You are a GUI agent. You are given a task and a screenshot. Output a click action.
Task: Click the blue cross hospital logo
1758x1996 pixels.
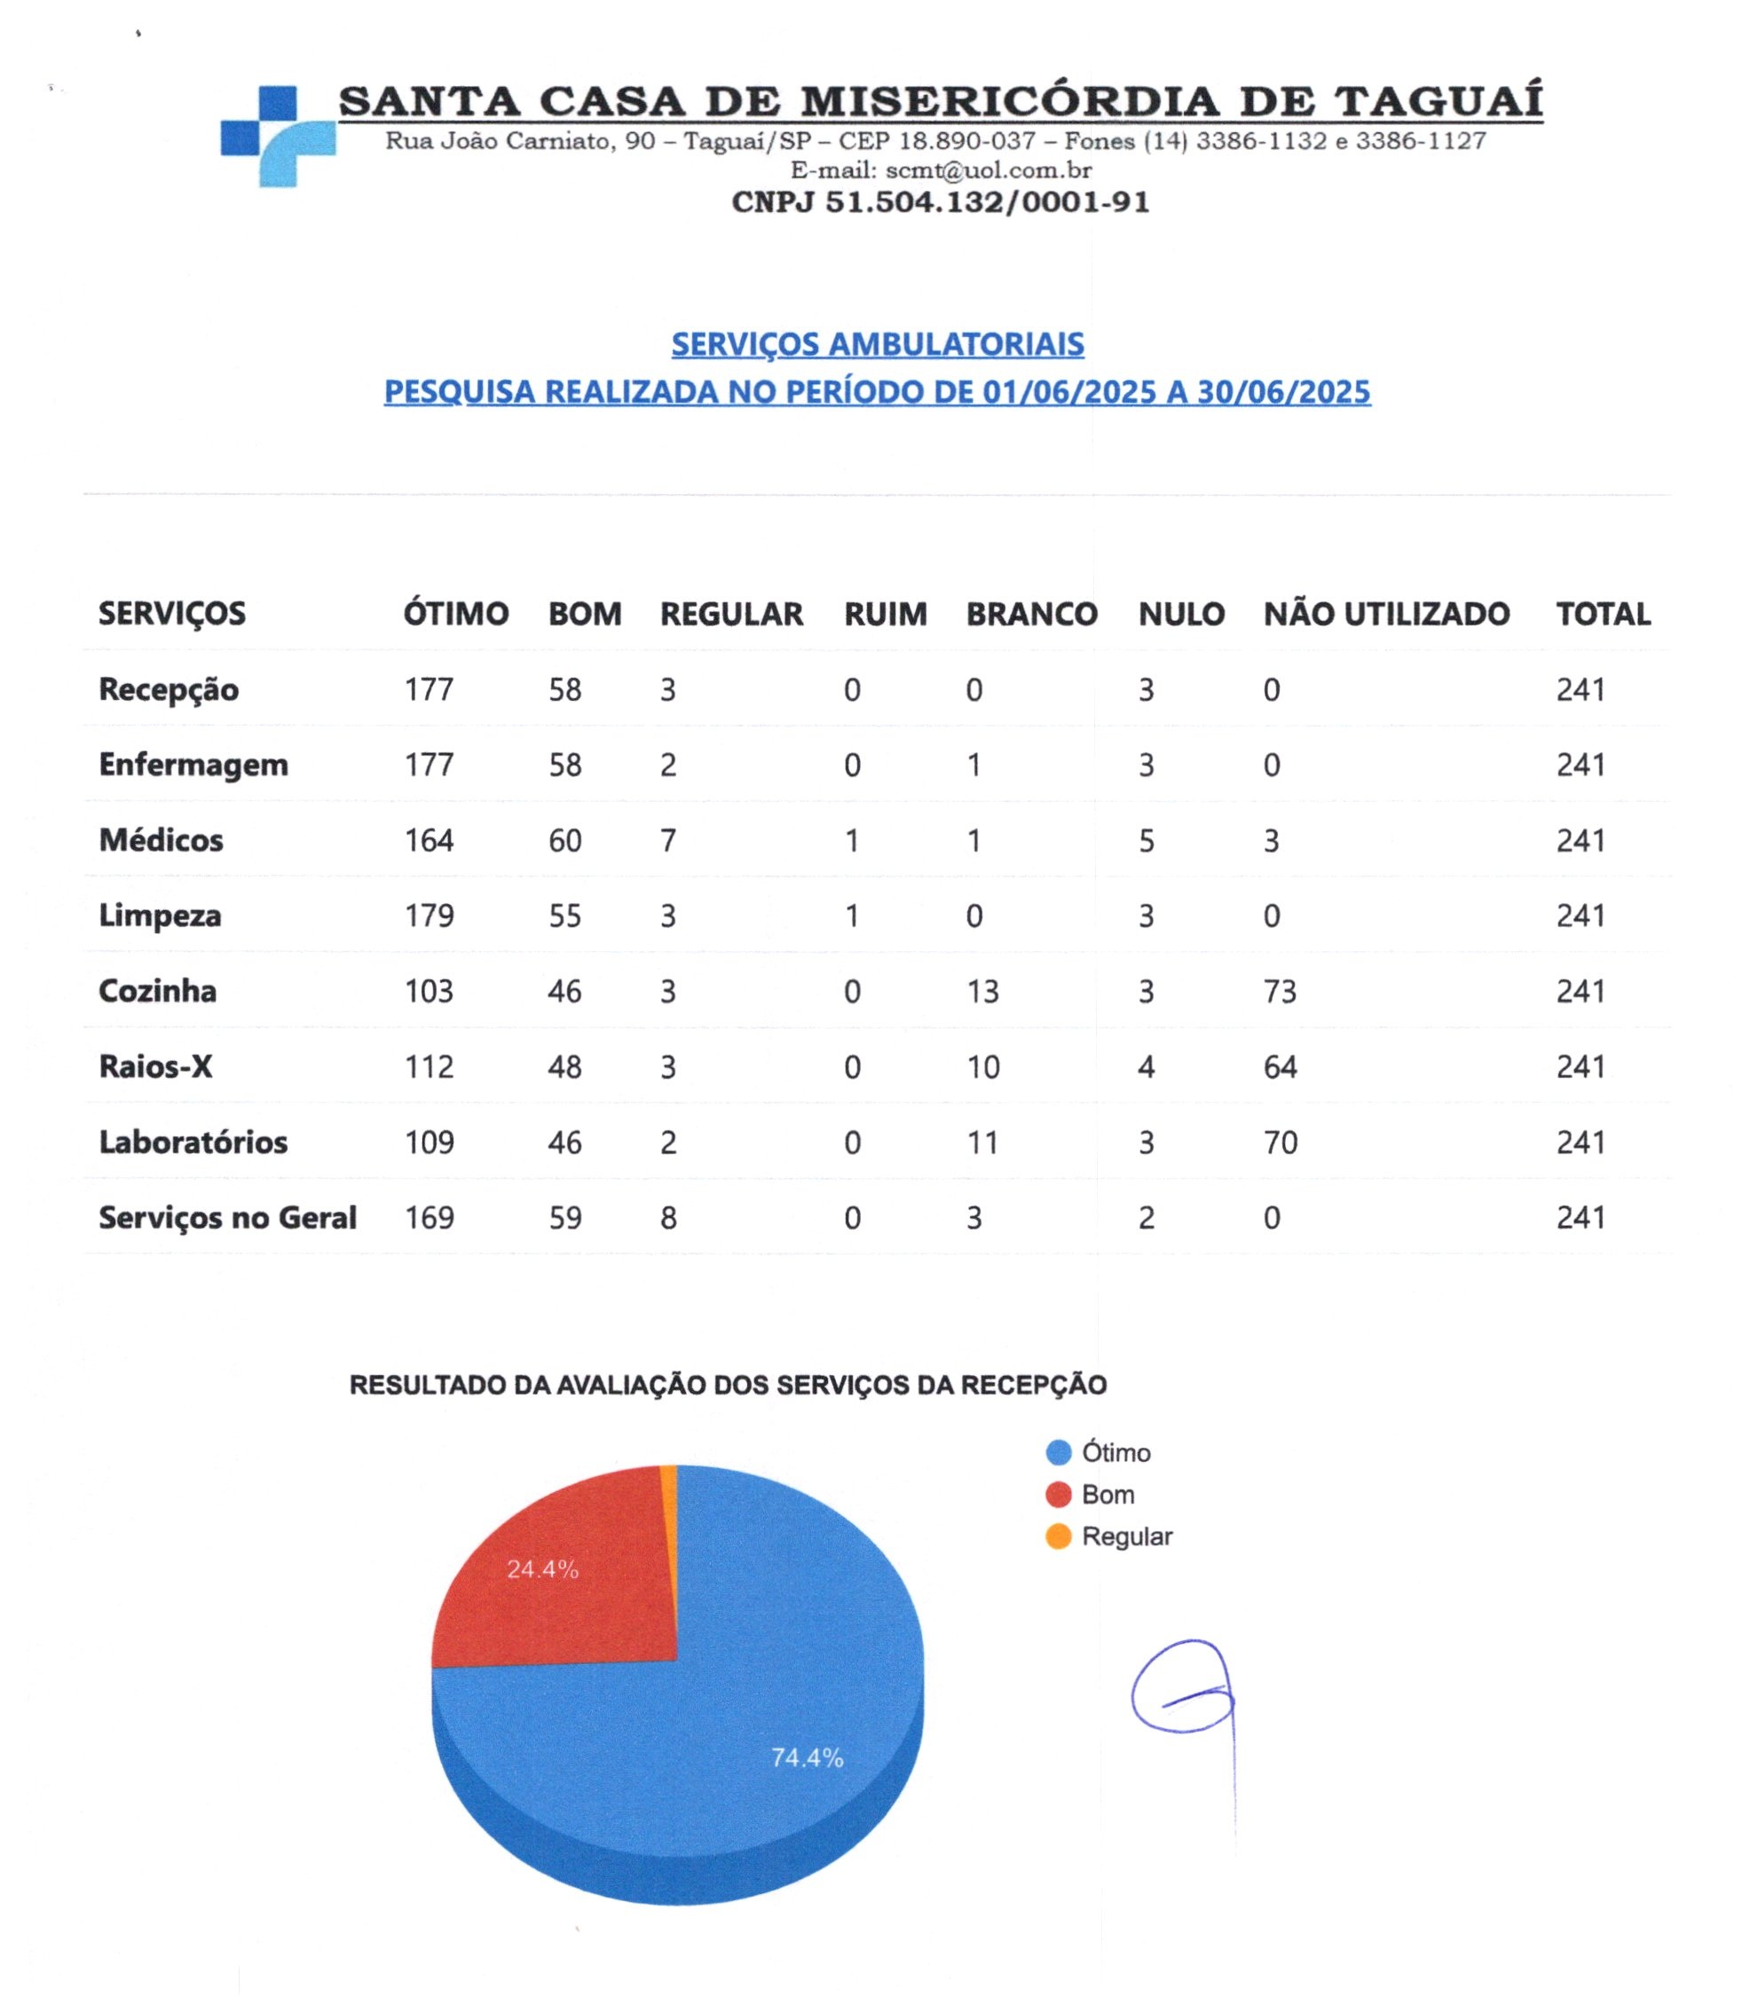278,136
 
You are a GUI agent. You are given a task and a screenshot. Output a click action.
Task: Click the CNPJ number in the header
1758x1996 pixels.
940,202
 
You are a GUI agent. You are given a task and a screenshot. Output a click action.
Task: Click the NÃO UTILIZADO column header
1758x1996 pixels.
1386,614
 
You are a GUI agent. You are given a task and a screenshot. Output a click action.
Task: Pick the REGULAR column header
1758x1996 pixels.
731,614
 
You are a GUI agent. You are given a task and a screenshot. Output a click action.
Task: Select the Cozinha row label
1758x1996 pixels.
157,991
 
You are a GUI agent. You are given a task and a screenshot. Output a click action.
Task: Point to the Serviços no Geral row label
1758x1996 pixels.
227,1218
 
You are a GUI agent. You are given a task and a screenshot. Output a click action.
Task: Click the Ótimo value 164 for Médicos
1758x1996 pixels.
429,841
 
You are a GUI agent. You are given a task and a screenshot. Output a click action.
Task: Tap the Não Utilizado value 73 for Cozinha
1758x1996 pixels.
1280,992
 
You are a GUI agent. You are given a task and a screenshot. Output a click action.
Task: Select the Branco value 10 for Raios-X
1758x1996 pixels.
982,1067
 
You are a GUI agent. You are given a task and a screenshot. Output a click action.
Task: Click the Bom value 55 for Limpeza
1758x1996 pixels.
564,916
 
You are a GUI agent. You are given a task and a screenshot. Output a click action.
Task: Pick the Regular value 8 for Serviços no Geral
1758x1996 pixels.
668,1219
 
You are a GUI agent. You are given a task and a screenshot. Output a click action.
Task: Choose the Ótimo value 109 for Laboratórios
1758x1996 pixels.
429,1143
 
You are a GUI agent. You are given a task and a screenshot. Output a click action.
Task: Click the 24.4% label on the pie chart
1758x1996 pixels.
542,1569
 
